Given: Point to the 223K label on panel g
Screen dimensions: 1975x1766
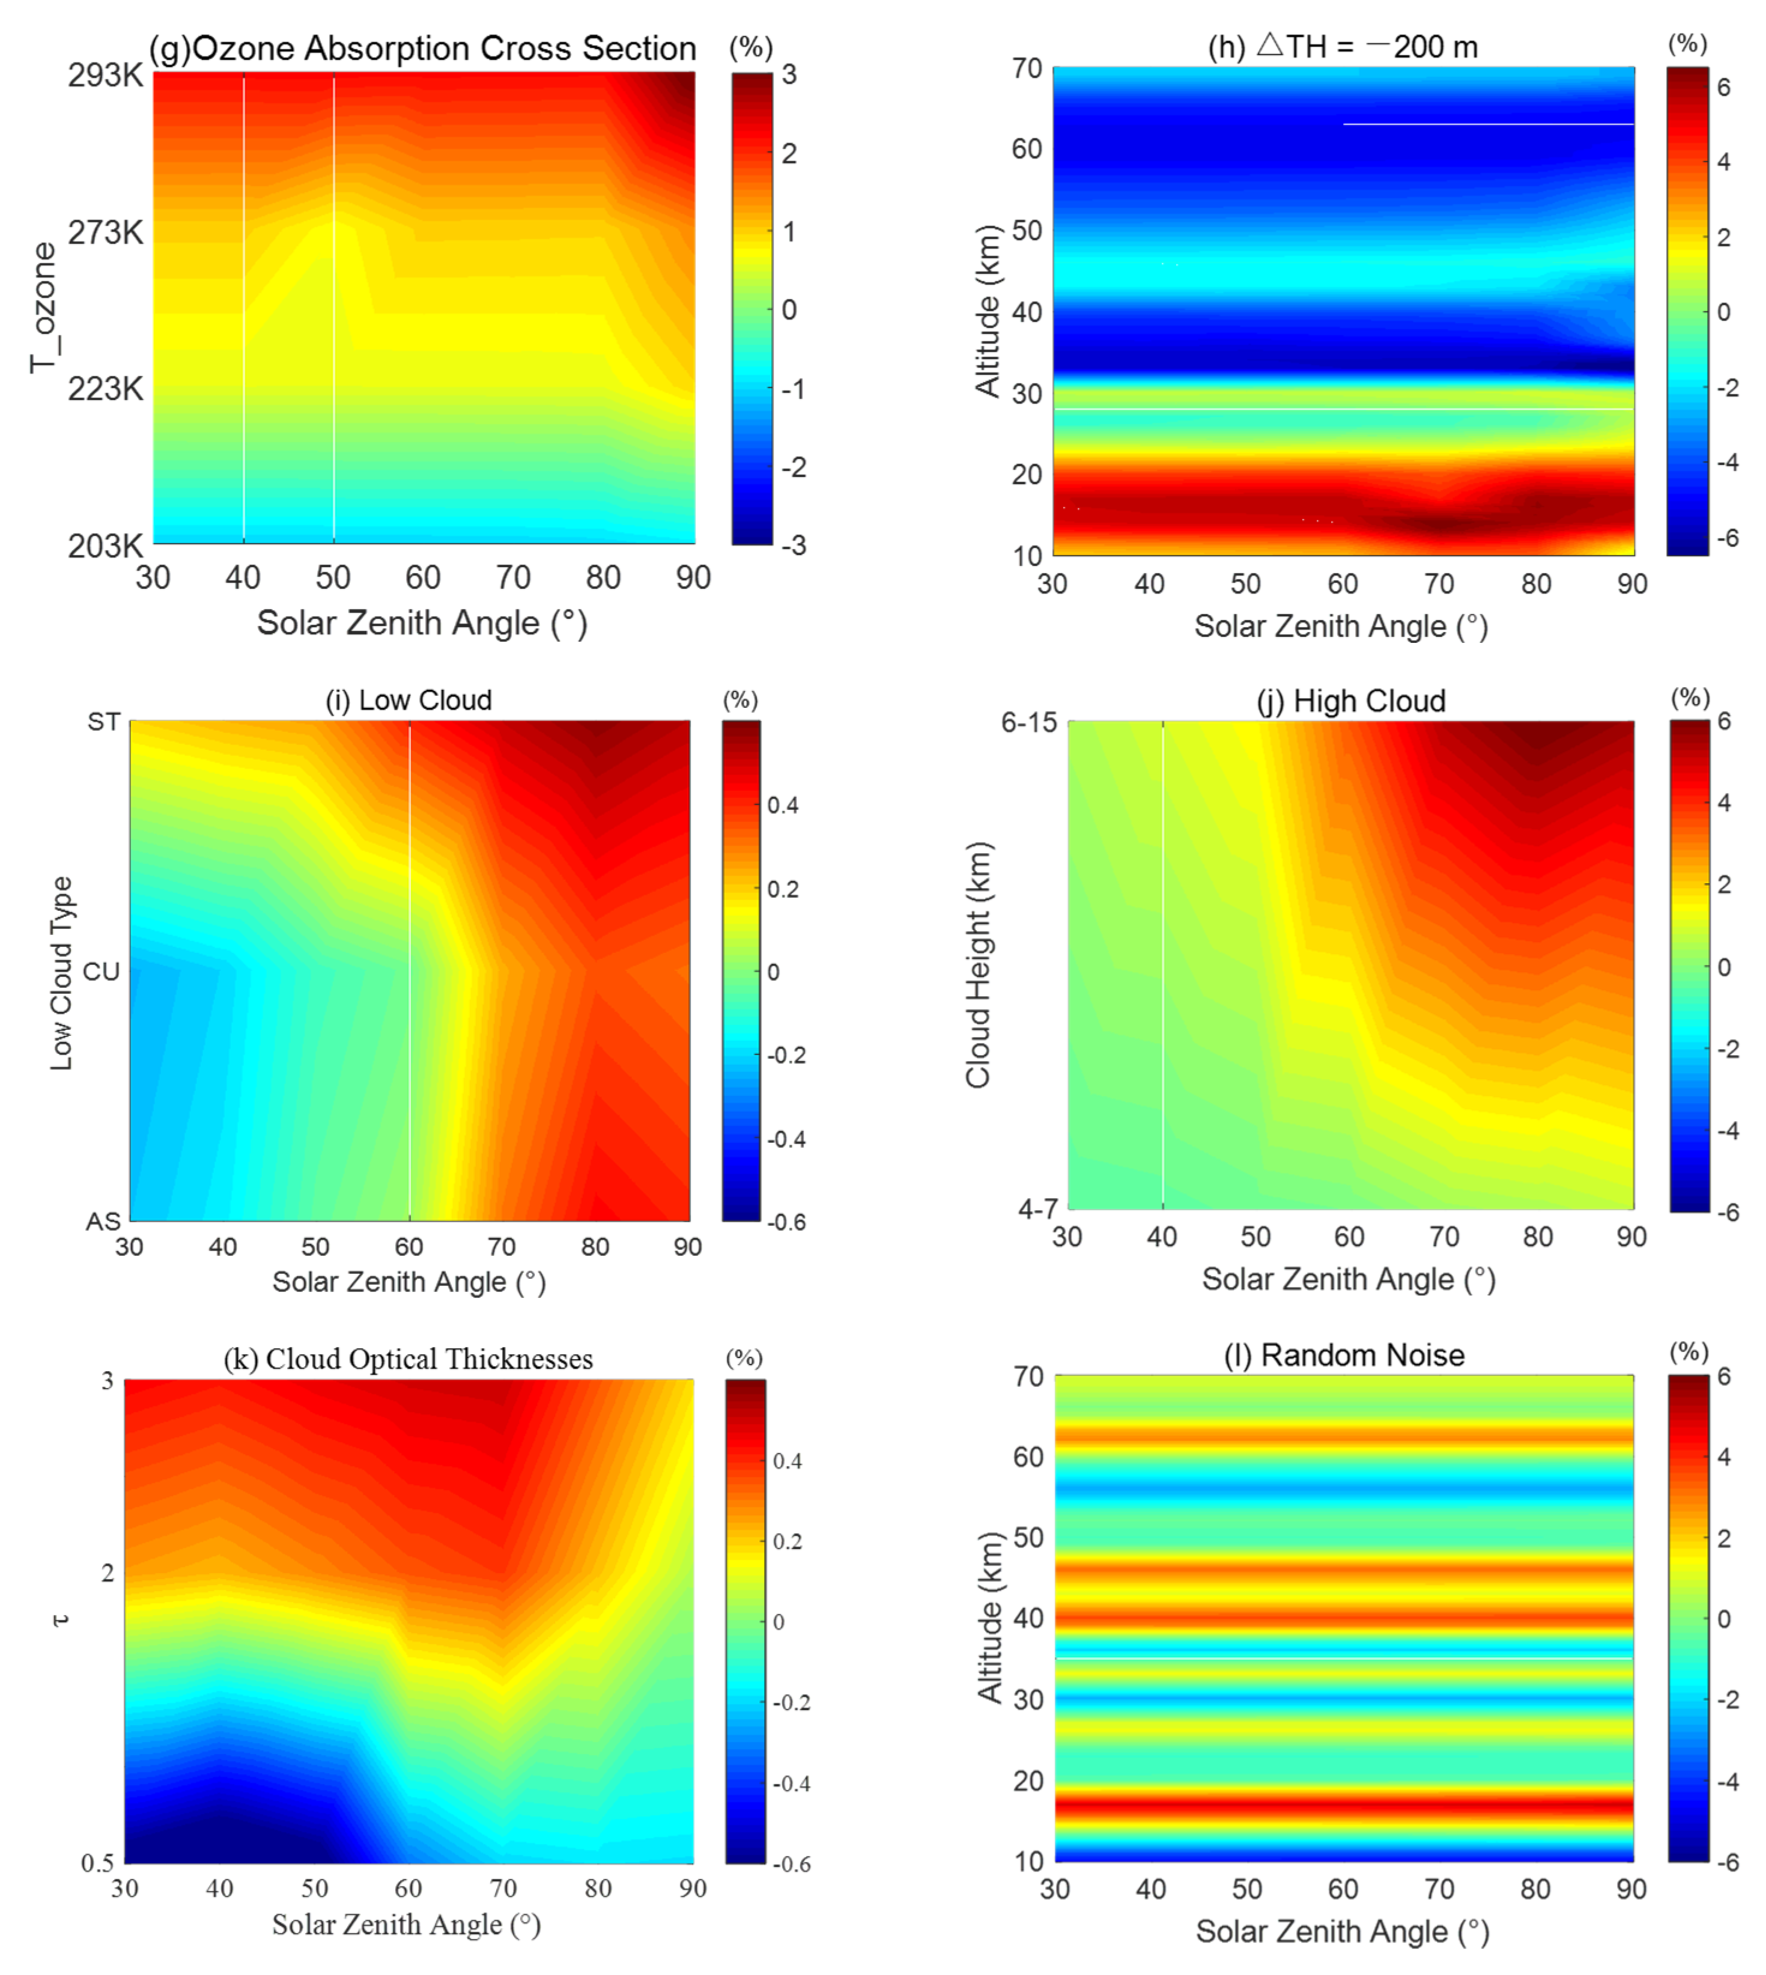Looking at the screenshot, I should click(x=105, y=389).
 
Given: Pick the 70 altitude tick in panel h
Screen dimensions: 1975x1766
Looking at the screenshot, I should click(x=1027, y=69).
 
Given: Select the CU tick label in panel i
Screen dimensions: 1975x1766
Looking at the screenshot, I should click(x=101, y=972).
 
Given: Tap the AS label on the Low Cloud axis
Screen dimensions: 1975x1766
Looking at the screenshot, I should click(x=103, y=1221).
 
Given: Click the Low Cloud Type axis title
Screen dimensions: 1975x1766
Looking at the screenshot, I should click(x=61, y=973).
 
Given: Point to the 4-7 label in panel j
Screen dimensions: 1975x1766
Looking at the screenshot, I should click(x=1037, y=1208).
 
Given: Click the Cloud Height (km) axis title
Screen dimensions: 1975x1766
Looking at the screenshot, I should click(x=978, y=965).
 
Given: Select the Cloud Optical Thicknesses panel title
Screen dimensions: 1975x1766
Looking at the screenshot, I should click(x=408, y=1359).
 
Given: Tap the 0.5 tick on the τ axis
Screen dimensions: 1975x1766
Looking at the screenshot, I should click(x=97, y=1863).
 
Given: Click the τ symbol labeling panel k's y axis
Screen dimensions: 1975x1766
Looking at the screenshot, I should click(x=60, y=1620).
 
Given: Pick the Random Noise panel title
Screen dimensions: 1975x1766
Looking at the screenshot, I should click(x=1343, y=1355).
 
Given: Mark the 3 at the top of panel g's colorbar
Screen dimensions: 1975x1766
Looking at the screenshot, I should click(x=789, y=75).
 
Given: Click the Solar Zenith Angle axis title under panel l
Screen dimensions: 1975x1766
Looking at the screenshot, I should click(x=1342, y=1931).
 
